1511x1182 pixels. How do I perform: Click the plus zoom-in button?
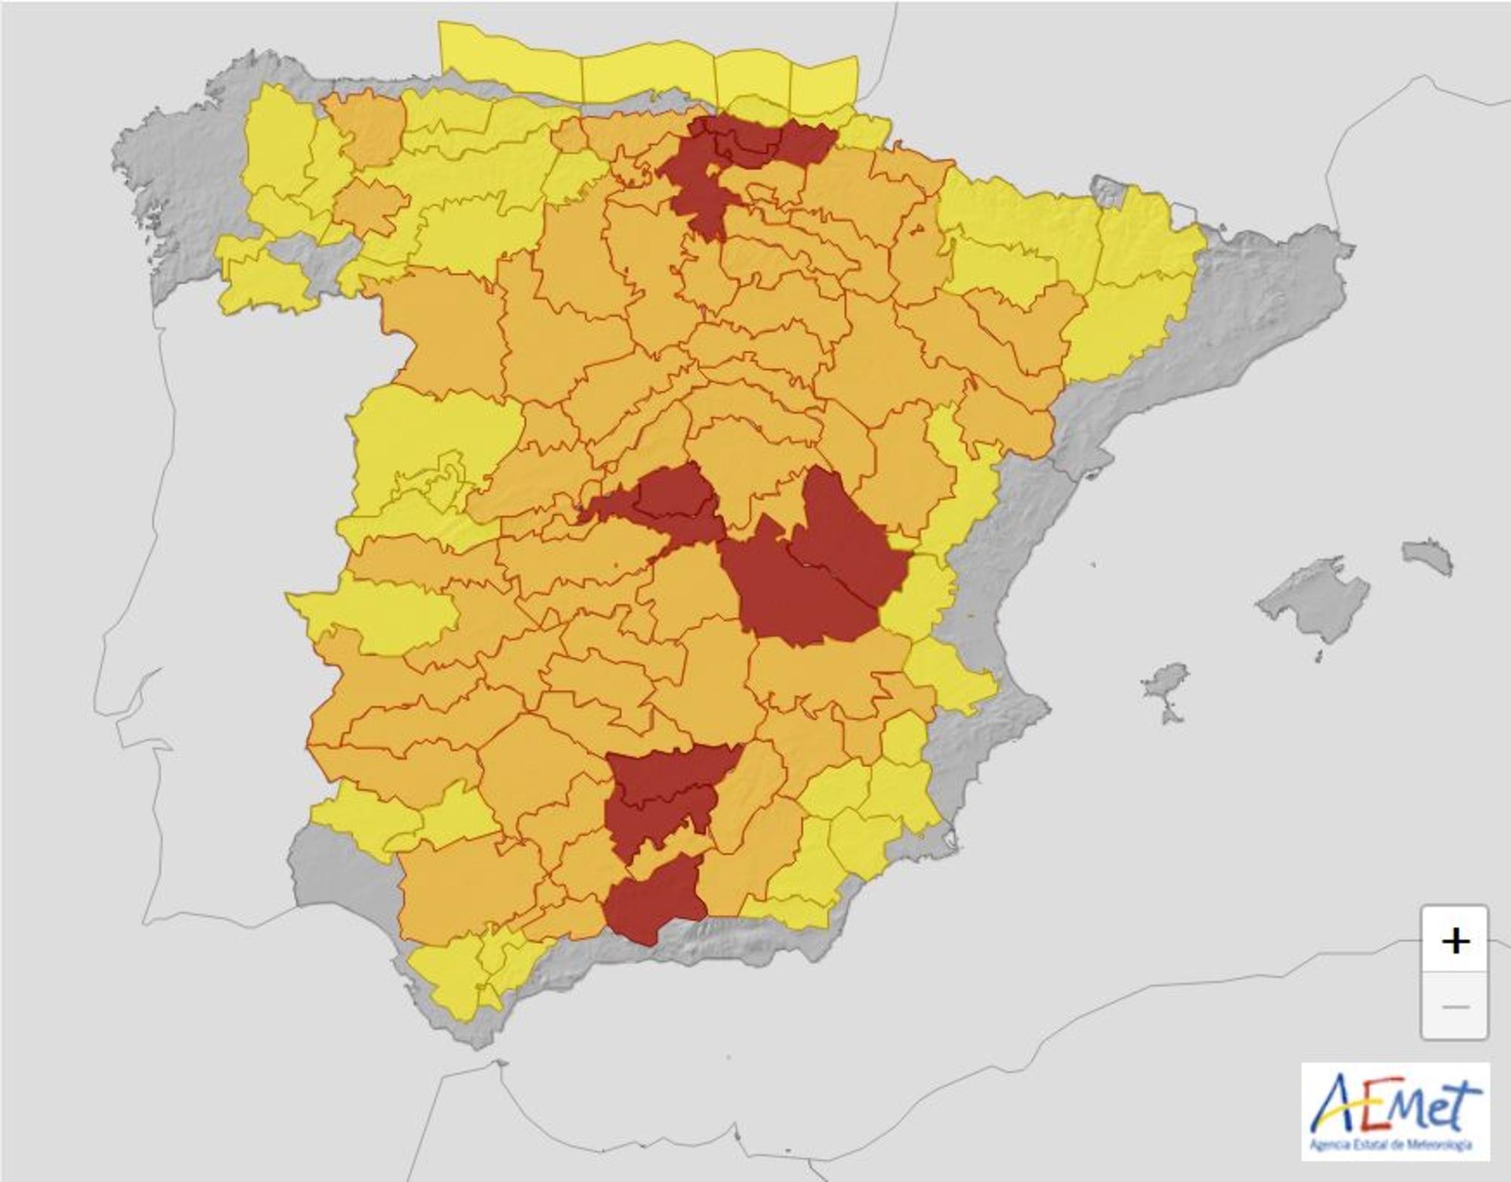point(1454,941)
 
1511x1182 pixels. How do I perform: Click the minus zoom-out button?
point(1454,1007)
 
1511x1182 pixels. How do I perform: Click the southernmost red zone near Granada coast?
point(654,898)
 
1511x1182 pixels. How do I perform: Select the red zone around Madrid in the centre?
point(672,502)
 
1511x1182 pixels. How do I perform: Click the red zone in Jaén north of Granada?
point(657,793)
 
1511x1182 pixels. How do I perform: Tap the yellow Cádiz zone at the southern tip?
point(446,974)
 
